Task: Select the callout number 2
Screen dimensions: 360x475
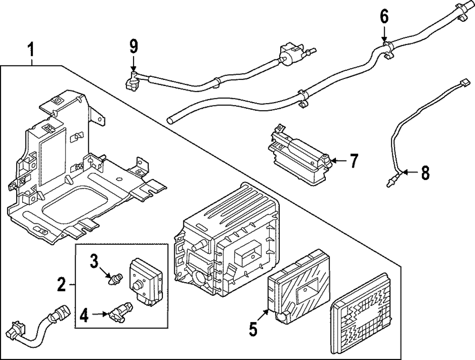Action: (x=61, y=285)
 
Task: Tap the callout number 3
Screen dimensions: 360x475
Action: (x=94, y=260)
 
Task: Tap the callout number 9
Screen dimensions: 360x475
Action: (x=133, y=47)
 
